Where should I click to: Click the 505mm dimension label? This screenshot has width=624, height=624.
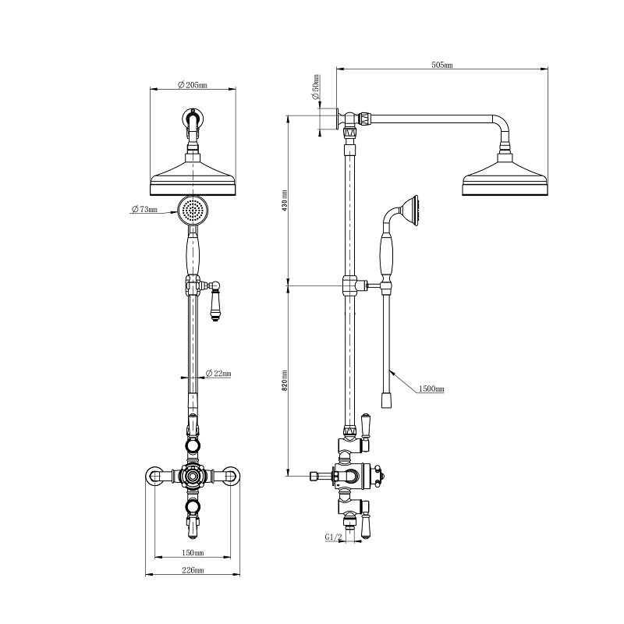(441, 65)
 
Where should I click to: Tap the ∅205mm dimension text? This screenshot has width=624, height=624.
(192, 85)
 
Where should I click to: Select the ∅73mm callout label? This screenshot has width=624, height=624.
(144, 209)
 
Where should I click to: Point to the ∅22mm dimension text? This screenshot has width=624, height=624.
(218, 374)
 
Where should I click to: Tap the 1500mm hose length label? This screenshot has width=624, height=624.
(431, 388)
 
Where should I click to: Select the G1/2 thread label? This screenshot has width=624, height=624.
(334, 537)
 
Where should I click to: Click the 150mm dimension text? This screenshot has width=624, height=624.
(193, 553)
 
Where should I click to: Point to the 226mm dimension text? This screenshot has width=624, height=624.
(193, 570)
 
